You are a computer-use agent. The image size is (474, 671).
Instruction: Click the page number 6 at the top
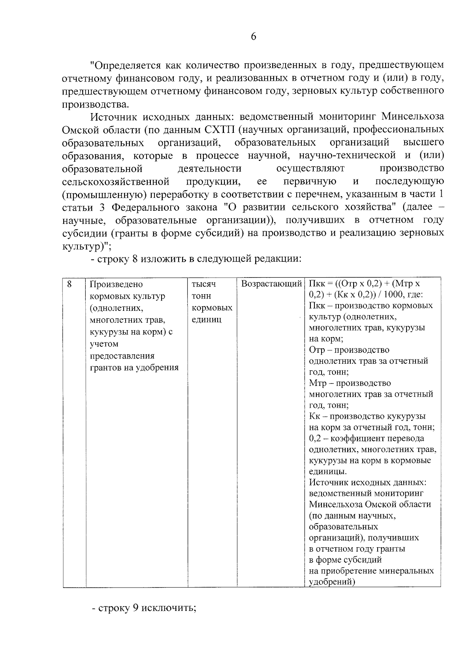pos(253,37)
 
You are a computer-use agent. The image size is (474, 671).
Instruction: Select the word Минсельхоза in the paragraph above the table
pos(413,117)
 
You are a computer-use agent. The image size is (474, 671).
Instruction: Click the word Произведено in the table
pos(117,284)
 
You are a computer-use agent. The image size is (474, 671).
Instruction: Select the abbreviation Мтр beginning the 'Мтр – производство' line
pos(317,383)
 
